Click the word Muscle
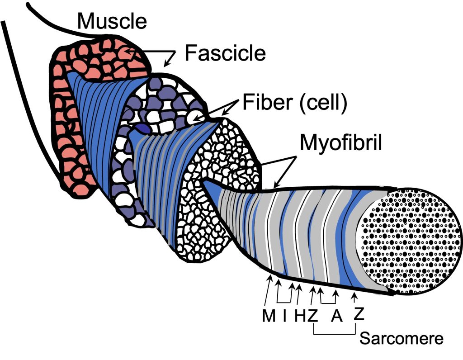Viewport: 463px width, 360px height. pyautogui.click(x=112, y=21)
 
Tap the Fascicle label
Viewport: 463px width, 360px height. pyautogui.click(x=225, y=53)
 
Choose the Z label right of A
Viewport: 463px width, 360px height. pyautogui.click(x=359, y=313)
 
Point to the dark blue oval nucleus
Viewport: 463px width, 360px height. pyautogui.click(x=145, y=129)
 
